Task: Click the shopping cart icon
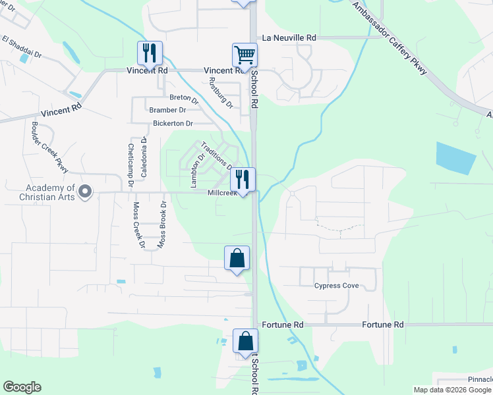pyautogui.click(x=244, y=55)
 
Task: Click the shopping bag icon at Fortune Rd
pyautogui.click(x=245, y=342)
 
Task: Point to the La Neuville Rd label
pyautogui.click(x=289, y=38)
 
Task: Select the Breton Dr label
pyautogui.click(x=184, y=98)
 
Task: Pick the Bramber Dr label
pyautogui.click(x=168, y=110)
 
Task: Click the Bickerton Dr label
pyautogui.click(x=173, y=123)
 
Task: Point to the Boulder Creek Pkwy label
pyautogui.click(x=49, y=147)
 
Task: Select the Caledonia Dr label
pyautogui.click(x=144, y=159)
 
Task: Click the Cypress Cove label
pyautogui.click(x=336, y=286)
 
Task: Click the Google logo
pyautogui.click(x=22, y=387)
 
